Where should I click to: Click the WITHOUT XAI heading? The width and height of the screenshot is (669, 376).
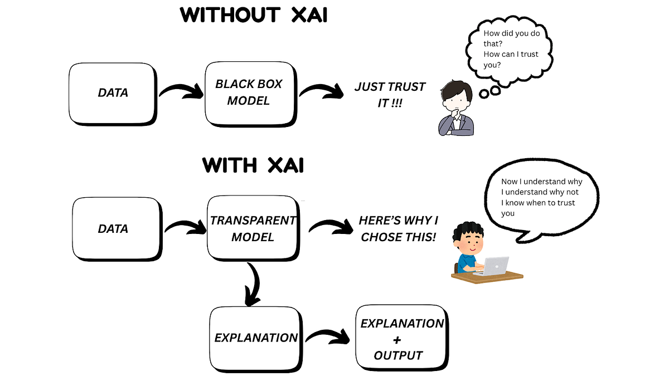point(254,15)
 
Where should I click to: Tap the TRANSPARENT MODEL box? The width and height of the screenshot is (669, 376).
point(253,228)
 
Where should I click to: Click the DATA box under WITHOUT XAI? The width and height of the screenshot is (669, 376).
point(112,93)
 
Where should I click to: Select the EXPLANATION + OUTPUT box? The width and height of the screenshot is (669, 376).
point(401,339)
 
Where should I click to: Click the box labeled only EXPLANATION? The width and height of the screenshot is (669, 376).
point(256,338)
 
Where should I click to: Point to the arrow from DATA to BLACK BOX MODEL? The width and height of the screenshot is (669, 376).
point(181,90)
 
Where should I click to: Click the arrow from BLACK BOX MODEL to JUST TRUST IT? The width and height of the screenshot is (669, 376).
point(322,90)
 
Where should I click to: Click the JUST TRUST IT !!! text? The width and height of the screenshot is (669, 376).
point(390,95)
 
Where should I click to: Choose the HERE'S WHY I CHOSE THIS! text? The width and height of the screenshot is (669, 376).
point(398,228)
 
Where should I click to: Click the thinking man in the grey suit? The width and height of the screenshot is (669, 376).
point(456,109)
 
